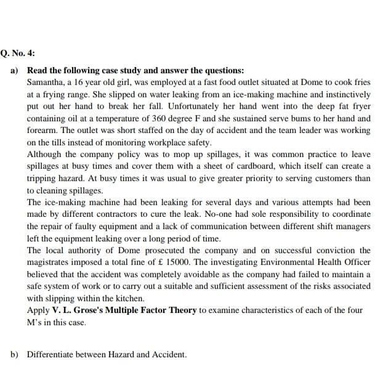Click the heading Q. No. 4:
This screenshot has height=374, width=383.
point(18,54)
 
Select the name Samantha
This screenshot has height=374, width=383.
point(46,83)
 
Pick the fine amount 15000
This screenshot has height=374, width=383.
point(202,262)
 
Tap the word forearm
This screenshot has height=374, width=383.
point(42,131)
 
